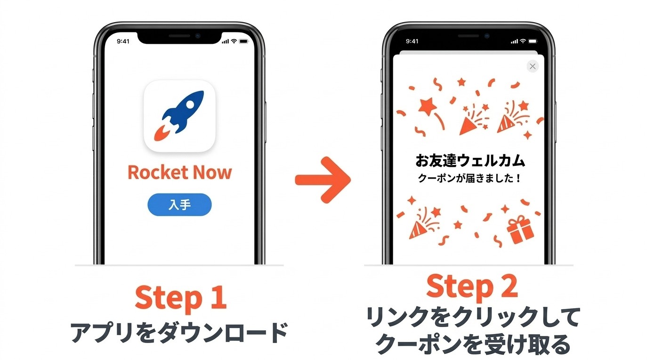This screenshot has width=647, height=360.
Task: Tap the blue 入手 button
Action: coord(179,205)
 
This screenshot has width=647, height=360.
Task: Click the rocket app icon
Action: coord(179,116)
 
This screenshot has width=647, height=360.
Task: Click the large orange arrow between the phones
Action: coord(323,179)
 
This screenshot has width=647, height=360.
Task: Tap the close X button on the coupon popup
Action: coord(533,66)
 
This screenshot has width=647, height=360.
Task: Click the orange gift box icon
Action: coord(520,230)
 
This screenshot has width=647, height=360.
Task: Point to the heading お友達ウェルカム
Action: coord(470,161)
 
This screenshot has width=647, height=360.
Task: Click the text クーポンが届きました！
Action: coord(470,179)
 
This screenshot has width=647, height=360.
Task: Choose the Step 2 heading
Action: coord(472,286)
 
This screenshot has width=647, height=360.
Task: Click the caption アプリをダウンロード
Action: coord(179,333)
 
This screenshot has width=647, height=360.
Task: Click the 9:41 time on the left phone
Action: coord(123,41)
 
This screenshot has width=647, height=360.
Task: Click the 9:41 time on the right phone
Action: coord(412,41)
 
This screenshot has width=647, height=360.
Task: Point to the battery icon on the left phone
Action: coord(243,41)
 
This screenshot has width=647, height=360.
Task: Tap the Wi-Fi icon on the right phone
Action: coord(523,41)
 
